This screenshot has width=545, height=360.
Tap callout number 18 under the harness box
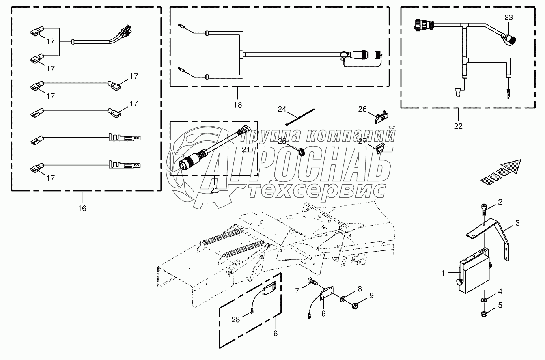(238, 104)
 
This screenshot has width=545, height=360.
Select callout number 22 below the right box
(458, 126)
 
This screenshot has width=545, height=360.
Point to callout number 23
(508, 17)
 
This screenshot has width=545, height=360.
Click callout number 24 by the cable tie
(282, 109)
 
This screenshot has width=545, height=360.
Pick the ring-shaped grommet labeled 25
(301, 152)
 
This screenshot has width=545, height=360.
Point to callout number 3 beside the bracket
(517, 223)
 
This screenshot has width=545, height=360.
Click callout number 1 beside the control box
(444, 274)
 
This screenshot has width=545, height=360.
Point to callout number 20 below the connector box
(214, 190)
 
